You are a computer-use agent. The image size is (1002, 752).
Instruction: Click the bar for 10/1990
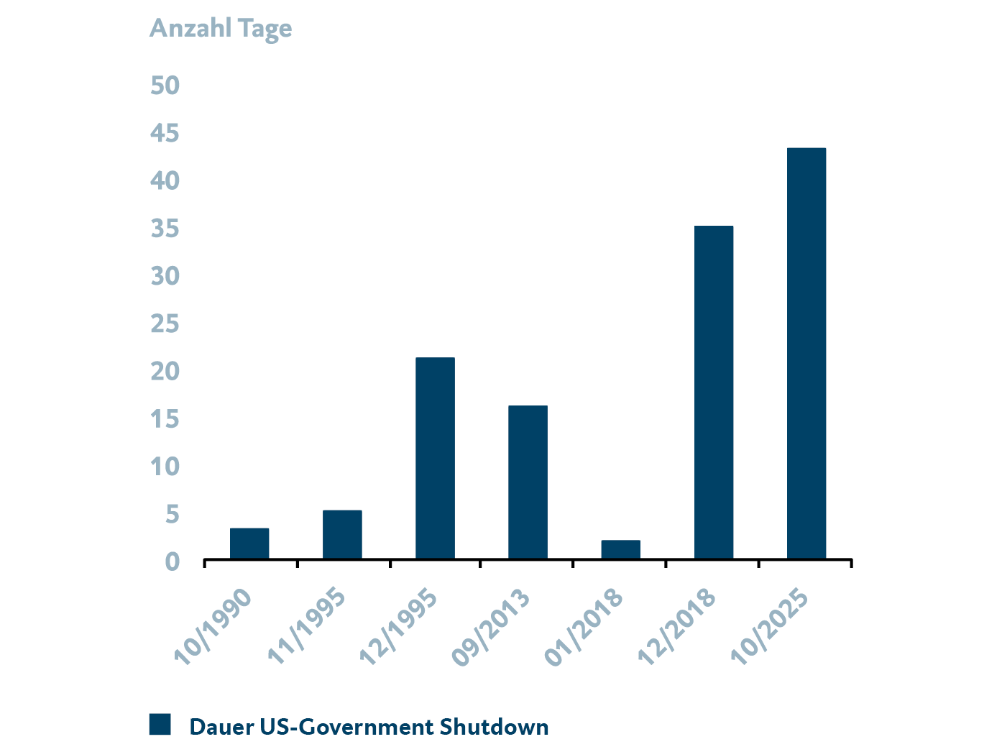click(x=249, y=544)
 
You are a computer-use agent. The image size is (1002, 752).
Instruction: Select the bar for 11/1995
click(x=342, y=534)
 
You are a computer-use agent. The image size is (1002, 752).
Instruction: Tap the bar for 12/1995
click(x=435, y=458)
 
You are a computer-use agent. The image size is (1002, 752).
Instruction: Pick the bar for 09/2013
click(x=528, y=482)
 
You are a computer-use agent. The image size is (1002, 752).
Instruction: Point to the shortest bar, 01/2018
click(x=620, y=549)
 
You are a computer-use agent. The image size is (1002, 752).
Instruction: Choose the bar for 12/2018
click(x=714, y=392)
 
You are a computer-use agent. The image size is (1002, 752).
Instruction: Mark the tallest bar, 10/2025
click(x=806, y=353)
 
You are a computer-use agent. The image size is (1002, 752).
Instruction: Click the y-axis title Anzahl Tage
click(x=220, y=29)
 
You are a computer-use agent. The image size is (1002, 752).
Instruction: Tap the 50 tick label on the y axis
click(x=165, y=86)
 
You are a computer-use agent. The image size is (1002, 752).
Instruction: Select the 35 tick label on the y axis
click(x=165, y=229)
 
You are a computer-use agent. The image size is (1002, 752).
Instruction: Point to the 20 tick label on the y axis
click(x=165, y=372)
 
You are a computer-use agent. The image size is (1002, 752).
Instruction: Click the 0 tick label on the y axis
click(x=172, y=561)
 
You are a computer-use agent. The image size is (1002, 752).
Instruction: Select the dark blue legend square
click(x=160, y=725)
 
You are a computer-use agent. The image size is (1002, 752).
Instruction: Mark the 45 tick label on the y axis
click(x=165, y=133)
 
